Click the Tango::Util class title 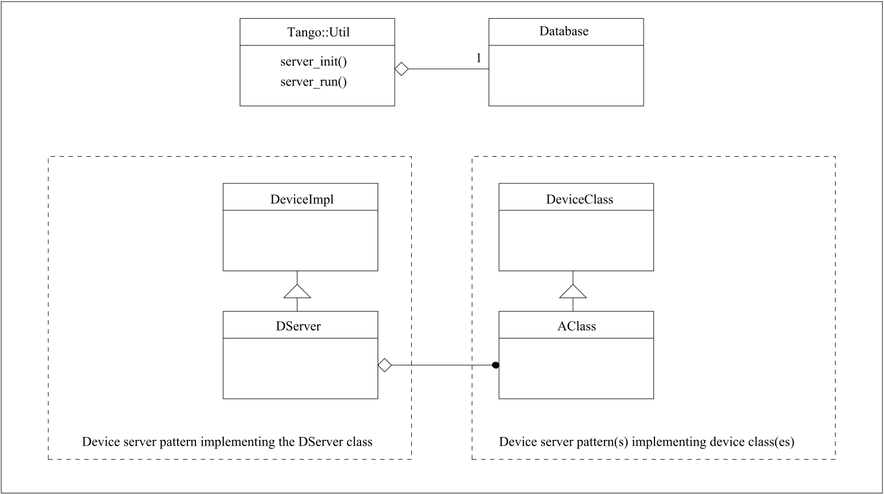pos(318,32)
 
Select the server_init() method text pos(313,62)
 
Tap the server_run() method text pos(313,81)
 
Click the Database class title pos(564,31)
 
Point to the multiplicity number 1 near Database pos(478,58)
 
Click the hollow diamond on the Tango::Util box pos(402,70)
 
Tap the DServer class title pos(298,326)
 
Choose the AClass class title pos(576,326)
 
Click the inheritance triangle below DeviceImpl pos(297,291)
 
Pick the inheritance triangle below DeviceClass pos(572,291)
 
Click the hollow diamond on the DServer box pos(385,365)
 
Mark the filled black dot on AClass pos(496,365)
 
